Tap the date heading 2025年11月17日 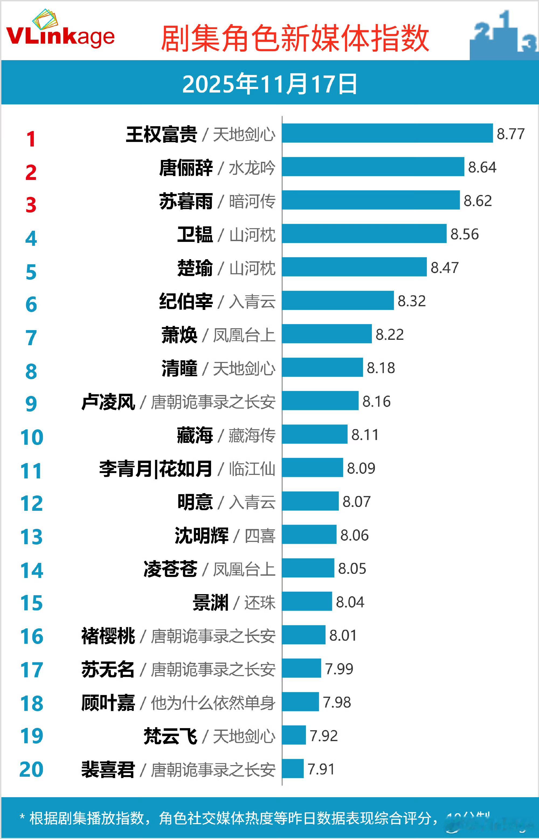click(269, 84)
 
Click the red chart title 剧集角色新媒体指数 click(295, 39)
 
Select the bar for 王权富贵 click(387, 133)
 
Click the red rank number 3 click(31, 205)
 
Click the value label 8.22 click(389, 334)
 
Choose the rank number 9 click(31, 404)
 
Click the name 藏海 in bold click(195, 435)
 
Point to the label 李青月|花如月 click(156, 468)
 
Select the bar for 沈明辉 click(309, 534)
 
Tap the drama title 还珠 click(260, 602)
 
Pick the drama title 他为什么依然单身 click(213, 703)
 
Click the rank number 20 click(31, 769)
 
